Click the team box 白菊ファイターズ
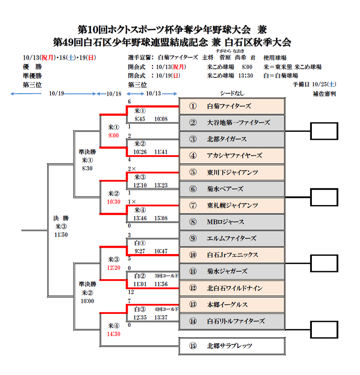pos(232,106)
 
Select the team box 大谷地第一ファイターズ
pos(232,122)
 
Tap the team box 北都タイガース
pos(232,139)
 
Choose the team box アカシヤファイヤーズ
pos(232,156)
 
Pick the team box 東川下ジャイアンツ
pos(232,172)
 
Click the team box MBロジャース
pos(232,222)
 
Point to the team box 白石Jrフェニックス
pos(232,255)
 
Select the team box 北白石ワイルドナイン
pos(232,288)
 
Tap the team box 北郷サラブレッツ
pos(232,346)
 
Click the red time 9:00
pos(114,135)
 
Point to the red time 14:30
pos(114,334)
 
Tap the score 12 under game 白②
pos(130,291)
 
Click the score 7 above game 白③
pos(129,300)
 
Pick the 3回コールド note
pos(166,275)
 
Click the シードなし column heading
pos(232,94)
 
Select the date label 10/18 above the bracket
pos(114,94)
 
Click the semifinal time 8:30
pos(87,168)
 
